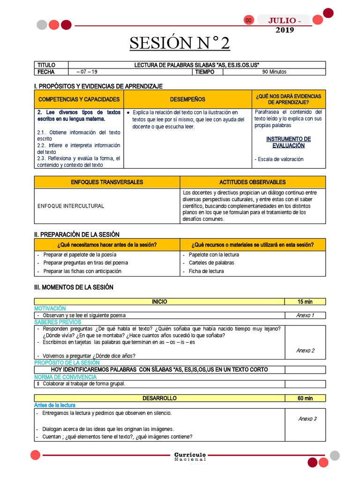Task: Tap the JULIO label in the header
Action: (x=282, y=21)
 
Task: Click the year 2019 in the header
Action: (x=285, y=30)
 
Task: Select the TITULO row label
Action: (x=46, y=65)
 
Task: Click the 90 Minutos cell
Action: (x=274, y=72)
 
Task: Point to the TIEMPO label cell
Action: (x=205, y=72)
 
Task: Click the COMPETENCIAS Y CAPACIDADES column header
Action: (x=79, y=99)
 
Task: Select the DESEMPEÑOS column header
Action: (x=187, y=99)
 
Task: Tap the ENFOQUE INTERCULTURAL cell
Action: (x=71, y=206)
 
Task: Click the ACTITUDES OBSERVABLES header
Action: (x=252, y=182)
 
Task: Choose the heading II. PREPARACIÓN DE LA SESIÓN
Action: (x=77, y=234)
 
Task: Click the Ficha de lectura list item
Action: (x=206, y=271)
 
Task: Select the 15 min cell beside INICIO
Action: (x=305, y=301)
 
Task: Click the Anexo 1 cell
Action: (x=305, y=315)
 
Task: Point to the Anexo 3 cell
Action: (x=307, y=419)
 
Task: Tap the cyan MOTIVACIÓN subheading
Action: (x=50, y=308)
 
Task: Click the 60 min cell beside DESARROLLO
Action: (x=305, y=398)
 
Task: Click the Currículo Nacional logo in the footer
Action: (x=189, y=457)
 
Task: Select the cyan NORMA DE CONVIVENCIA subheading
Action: (x=65, y=377)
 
